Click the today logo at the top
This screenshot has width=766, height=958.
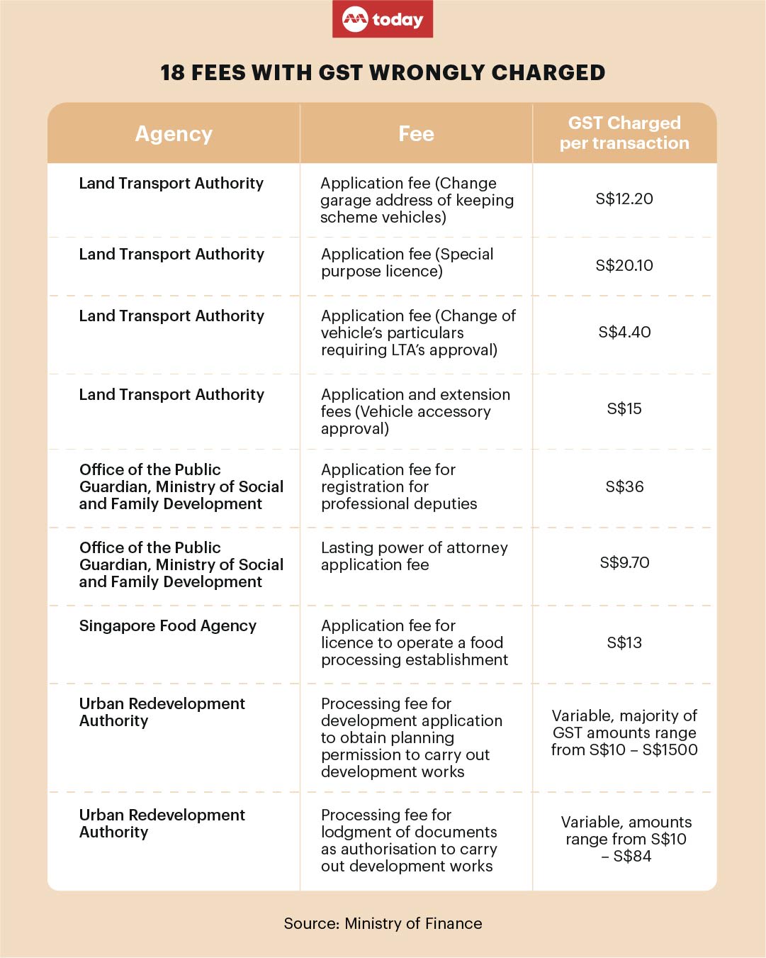[383, 19]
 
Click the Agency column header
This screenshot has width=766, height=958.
[174, 134]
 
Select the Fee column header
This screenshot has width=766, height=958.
[416, 134]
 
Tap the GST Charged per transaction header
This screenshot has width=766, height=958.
[624, 133]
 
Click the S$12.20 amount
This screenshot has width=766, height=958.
[624, 199]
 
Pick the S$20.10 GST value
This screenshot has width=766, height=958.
[624, 266]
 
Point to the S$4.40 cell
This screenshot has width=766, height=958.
[624, 333]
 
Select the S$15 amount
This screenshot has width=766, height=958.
[624, 409]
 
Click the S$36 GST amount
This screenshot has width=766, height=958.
[624, 487]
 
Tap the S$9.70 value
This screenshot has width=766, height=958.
[624, 563]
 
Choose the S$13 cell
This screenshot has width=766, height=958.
[624, 643]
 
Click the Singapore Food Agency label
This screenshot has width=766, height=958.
[168, 626]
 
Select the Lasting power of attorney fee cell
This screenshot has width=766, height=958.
[415, 557]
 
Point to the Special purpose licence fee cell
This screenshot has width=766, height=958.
[407, 263]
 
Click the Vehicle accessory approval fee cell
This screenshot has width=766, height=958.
[415, 412]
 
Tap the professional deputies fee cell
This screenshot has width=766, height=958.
[399, 487]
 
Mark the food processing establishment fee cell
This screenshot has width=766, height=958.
[415, 643]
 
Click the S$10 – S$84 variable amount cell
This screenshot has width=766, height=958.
[626, 840]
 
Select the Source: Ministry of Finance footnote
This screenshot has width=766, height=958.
[383, 924]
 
